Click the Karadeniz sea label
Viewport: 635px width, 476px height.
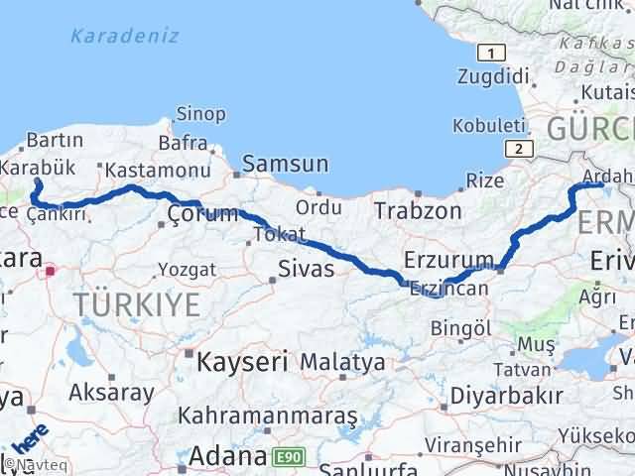point(125,37)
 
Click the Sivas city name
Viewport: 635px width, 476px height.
point(307,268)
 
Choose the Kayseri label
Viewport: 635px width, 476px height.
point(242,361)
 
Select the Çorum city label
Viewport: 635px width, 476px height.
point(202,213)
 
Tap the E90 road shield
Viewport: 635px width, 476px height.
point(289,456)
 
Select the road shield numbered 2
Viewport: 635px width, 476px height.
point(516,149)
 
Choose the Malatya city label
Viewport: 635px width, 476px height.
point(342,362)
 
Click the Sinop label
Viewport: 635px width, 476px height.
point(200,114)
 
